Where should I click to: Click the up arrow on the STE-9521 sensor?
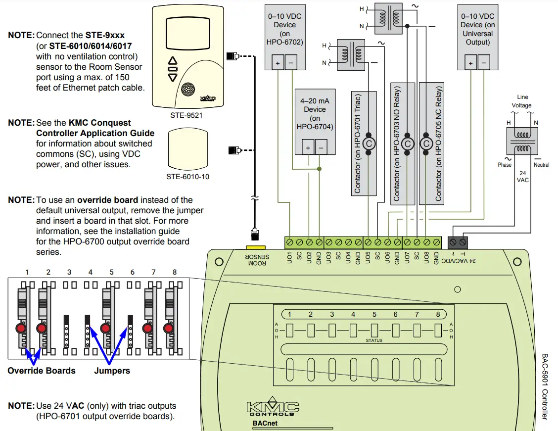(173, 62)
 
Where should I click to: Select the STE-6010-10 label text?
(187, 177)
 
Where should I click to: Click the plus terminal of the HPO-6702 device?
(278, 63)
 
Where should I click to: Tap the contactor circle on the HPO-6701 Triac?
(369, 144)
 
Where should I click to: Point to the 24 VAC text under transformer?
(522, 177)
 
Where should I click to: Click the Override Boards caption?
(42, 371)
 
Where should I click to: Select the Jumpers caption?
(112, 371)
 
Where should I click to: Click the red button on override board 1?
(20, 329)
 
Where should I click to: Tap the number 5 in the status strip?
(374, 314)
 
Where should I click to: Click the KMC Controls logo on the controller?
(273, 409)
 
